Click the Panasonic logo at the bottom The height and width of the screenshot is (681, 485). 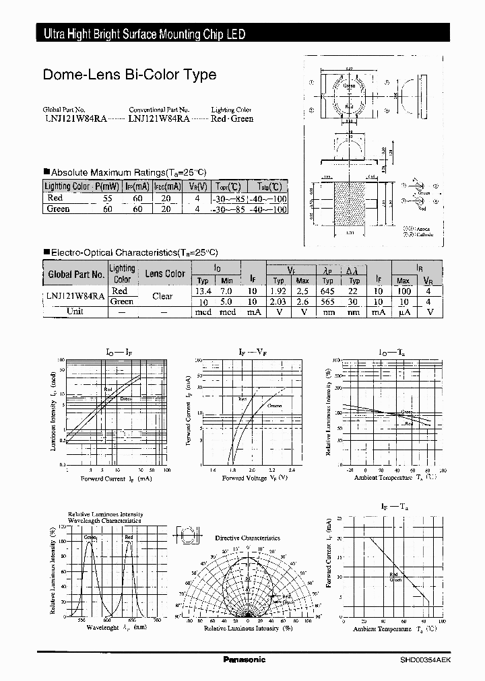244,659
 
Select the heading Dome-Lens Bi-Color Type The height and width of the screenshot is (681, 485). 129,75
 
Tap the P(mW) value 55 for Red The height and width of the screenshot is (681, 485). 106,199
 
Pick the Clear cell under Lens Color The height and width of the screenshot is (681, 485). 162,296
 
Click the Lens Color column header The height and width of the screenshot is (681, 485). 165,274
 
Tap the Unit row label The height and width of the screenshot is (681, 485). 75,312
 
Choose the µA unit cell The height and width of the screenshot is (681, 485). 403,312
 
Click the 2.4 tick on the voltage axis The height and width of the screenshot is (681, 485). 291,470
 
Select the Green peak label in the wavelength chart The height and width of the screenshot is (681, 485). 90,538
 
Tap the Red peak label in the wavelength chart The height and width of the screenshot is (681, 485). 129,538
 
